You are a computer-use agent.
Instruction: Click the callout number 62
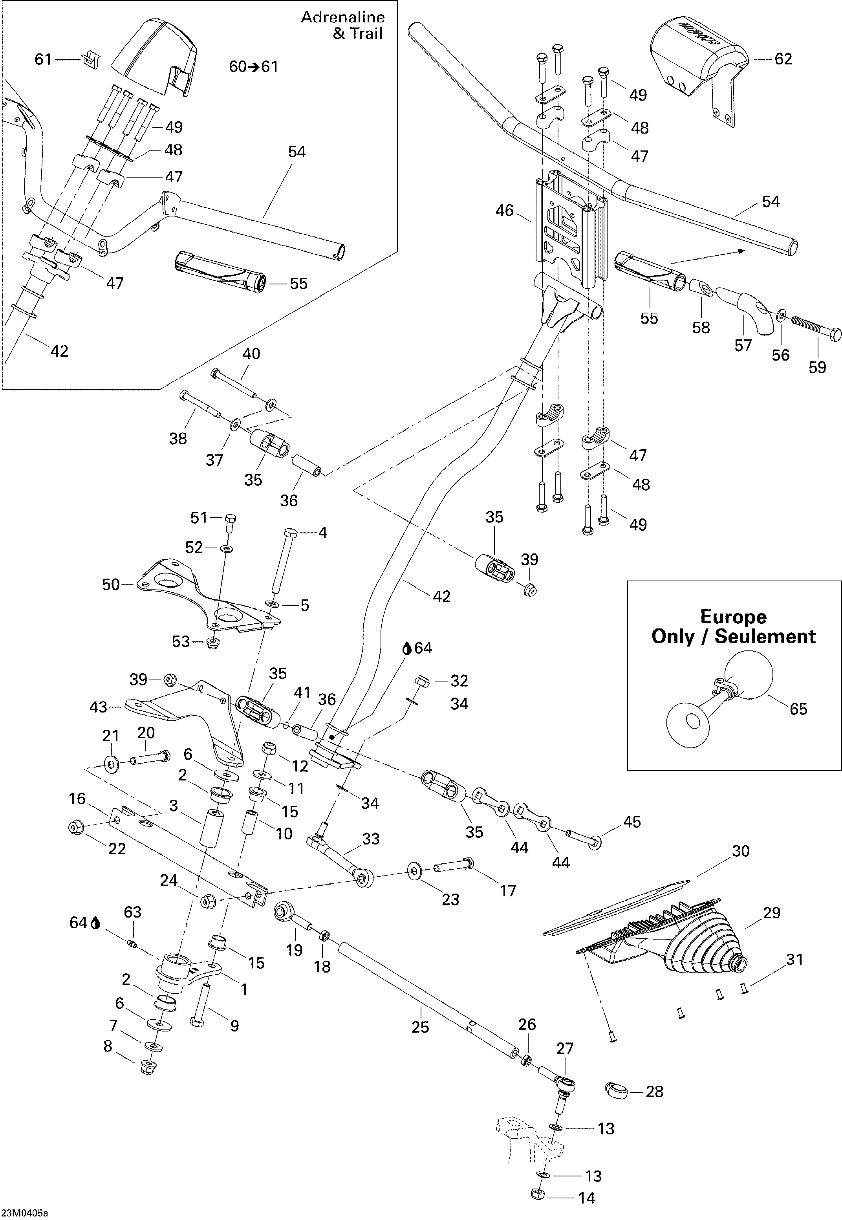click(x=783, y=59)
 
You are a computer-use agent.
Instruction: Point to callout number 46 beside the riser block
click(x=504, y=211)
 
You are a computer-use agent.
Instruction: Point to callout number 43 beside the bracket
click(x=98, y=707)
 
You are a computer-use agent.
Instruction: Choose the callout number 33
click(x=371, y=839)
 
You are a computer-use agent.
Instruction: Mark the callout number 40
click(x=251, y=354)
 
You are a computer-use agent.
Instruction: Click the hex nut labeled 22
click(x=75, y=827)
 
